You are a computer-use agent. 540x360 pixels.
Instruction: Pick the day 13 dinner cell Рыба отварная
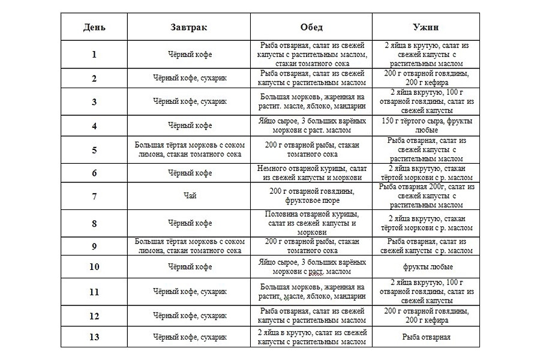click(426, 337)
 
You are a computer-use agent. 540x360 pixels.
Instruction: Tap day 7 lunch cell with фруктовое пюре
click(311, 196)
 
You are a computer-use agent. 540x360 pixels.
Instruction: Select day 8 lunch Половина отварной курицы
click(311, 223)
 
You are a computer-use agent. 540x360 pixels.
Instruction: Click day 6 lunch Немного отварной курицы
click(311, 173)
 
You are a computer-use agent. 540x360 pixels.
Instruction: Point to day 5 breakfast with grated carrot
click(188, 150)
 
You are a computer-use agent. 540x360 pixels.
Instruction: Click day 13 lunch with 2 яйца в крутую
click(311, 337)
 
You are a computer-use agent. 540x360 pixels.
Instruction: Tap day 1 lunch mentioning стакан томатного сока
click(311, 54)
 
